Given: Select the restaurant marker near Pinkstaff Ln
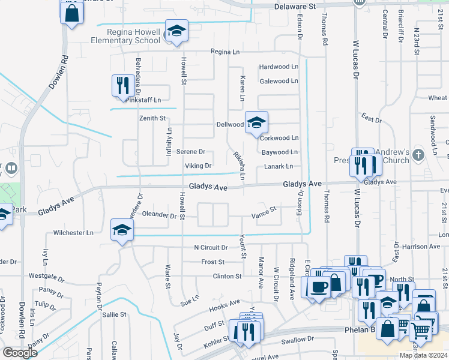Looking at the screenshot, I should (x=123, y=85).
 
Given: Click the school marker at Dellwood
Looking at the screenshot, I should (x=256, y=122).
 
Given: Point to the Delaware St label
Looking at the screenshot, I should (x=295, y=6).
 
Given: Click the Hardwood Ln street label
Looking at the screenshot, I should (x=278, y=67).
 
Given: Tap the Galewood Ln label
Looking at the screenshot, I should (x=279, y=81).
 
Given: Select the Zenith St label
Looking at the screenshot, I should (x=152, y=119).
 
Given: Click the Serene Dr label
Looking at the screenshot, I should (x=190, y=152).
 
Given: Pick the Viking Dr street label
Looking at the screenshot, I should (x=198, y=166).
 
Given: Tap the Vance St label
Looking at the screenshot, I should (x=263, y=212).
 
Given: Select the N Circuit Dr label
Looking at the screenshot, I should (x=211, y=247).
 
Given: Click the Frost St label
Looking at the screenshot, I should (x=212, y=262).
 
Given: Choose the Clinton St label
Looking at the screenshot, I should (x=227, y=276).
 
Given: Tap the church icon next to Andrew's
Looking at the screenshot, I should (x=418, y=155).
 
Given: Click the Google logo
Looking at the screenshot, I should (x=20, y=353).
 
